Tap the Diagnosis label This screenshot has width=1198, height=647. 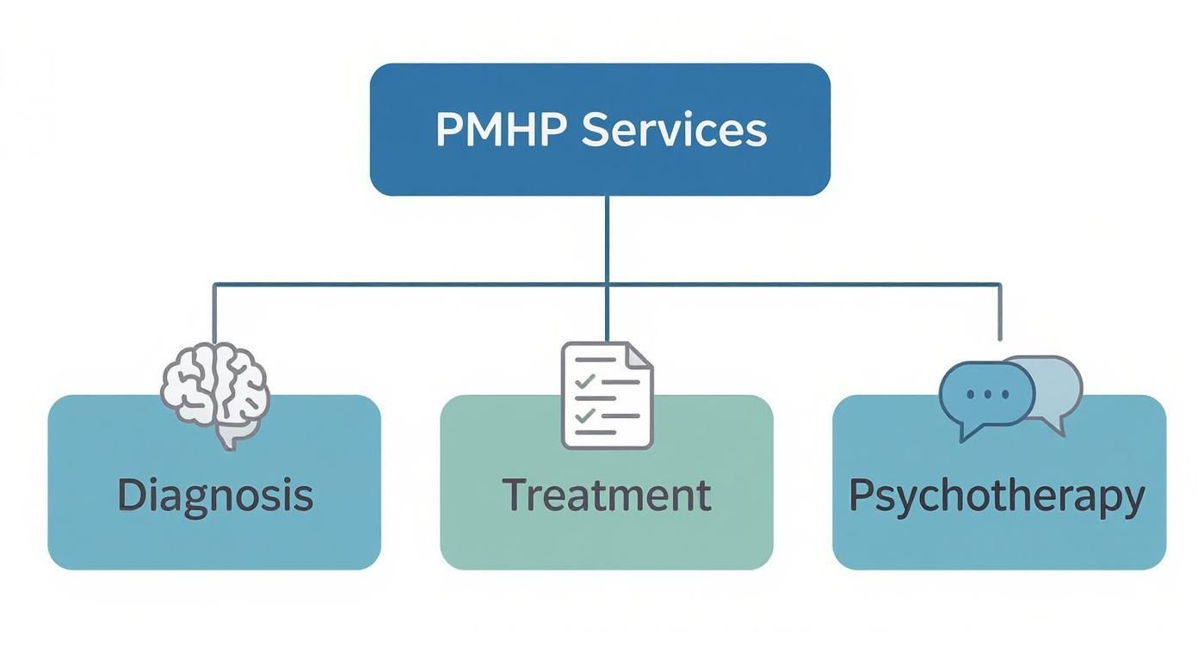click(x=214, y=496)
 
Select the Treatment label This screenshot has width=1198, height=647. click(x=606, y=496)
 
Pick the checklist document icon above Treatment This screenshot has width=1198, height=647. click(x=607, y=395)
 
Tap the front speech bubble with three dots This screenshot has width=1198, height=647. click(x=986, y=395)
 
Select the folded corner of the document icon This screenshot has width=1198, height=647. click(x=638, y=355)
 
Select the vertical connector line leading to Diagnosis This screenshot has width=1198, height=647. click(x=214, y=314)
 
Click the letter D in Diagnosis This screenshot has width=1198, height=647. click(x=129, y=496)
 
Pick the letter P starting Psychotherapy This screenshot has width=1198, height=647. click(x=861, y=496)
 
